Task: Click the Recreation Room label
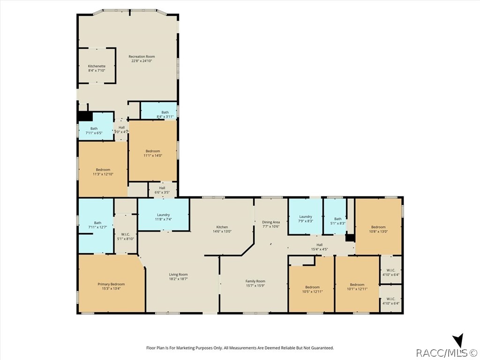(x=142, y=57)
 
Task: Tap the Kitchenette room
(x=97, y=66)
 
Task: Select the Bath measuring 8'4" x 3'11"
(x=158, y=111)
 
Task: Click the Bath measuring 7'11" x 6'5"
(x=96, y=127)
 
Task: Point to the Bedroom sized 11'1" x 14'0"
(x=153, y=150)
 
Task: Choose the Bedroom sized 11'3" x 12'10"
(x=103, y=169)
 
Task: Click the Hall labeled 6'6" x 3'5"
(x=163, y=190)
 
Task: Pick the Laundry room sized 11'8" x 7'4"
(x=163, y=214)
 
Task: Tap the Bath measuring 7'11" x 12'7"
(x=96, y=226)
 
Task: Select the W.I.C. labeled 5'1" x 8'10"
(x=126, y=234)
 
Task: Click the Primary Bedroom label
(x=111, y=284)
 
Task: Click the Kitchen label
(x=222, y=227)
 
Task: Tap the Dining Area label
(x=271, y=222)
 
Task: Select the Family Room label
(x=255, y=281)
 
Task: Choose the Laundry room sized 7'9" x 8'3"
(x=305, y=217)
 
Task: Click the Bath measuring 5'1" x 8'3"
(x=335, y=217)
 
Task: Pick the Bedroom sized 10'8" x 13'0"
(x=378, y=227)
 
